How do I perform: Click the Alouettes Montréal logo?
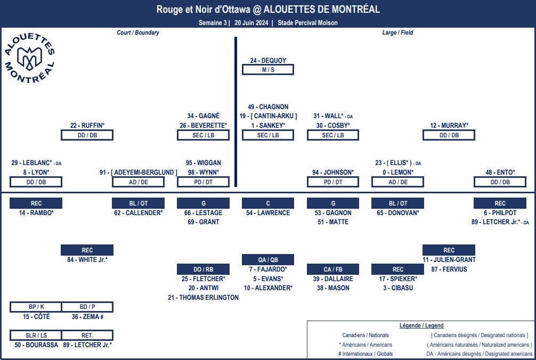[x=29, y=58]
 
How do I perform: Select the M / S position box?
[x=268, y=70]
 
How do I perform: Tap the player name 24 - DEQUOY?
[x=268, y=61]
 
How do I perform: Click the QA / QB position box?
[x=268, y=259]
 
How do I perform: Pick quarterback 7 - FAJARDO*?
[x=268, y=269]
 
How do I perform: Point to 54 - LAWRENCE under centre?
[x=268, y=213]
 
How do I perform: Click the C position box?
[x=268, y=203]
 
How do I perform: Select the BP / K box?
[x=36, y=307]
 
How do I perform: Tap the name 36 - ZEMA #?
[x=87, y=317]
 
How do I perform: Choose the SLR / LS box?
[x=36, y=336]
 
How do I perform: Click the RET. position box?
[x=87, y=336]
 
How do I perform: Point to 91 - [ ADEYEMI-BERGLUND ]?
[x=139, y=173]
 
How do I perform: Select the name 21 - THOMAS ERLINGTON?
[x=204, y=298]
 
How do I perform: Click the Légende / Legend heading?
[x=421, y=325]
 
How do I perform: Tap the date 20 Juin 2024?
[x=251, y=23]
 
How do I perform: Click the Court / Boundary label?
[x=138, y=32]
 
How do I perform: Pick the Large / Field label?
[x=397, y=32]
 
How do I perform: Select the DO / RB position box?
[x=204, y=269]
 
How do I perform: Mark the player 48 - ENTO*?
[x=500, y=173]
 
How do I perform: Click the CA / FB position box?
[x=333, y=269]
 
